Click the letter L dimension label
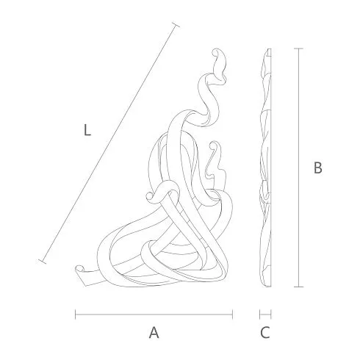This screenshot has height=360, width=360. (x=87, y=130)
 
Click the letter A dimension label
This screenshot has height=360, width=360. (x=154, y=332)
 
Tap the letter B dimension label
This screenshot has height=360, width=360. (x=318, y=168)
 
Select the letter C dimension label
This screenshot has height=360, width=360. (x=265, y=333)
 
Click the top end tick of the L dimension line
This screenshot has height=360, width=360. (x=176, y=25)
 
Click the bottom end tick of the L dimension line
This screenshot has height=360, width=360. (x=42, y=262)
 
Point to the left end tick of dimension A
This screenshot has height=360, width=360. (x=76, y=314)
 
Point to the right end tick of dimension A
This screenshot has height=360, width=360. (x=232, y=314)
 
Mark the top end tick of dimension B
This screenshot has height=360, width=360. (x=298, y=48)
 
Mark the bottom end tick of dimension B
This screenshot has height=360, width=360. (x=298, y=287)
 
